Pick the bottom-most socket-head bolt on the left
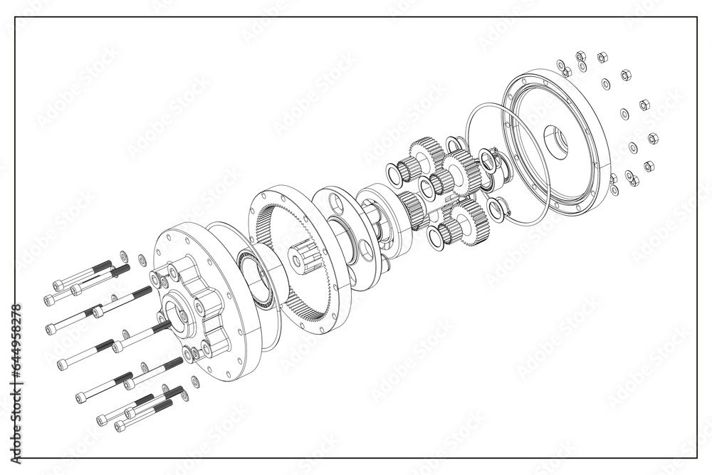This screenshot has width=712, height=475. coord(142,417)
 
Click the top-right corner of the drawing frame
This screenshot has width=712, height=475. coord(696,17)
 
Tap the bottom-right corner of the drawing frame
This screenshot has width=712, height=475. coord(696,457)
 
